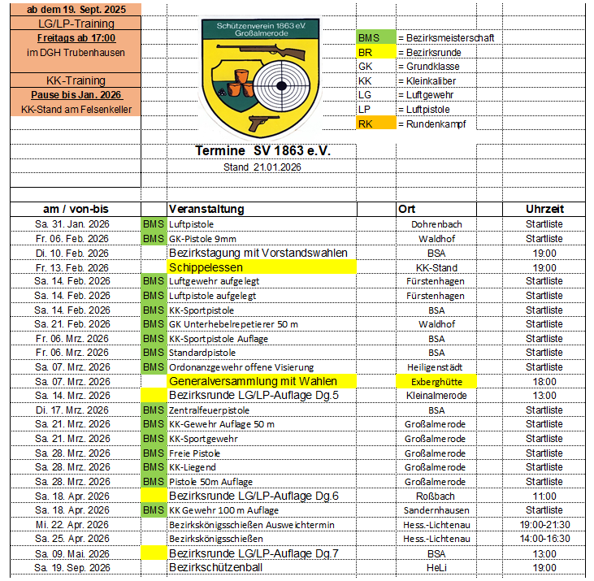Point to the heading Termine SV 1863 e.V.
pyautogui.click(x=263, y=152)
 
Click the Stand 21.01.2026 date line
pyautogui.click(x=262, y=167)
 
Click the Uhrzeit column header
pyautogui.click(x=544, y=210)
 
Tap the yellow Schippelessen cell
pyautogui.click(x=262, y=267)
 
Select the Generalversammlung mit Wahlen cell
pyautogui.click(x=262, y=381)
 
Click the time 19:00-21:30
pyautogui.click(x=544, y=524)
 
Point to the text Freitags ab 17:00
pyautogui.click(x=76, y=38)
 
